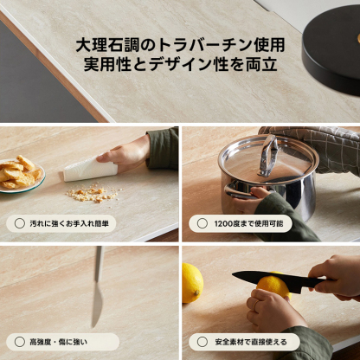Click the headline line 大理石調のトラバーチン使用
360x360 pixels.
point(180,44)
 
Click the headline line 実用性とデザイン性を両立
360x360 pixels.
point(180,65)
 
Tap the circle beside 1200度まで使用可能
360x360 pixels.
point(202,223)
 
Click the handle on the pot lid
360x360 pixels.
point(269,154)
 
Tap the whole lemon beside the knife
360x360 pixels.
point(191,282)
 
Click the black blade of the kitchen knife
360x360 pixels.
point(260,278)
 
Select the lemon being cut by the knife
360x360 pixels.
point(273,288)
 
